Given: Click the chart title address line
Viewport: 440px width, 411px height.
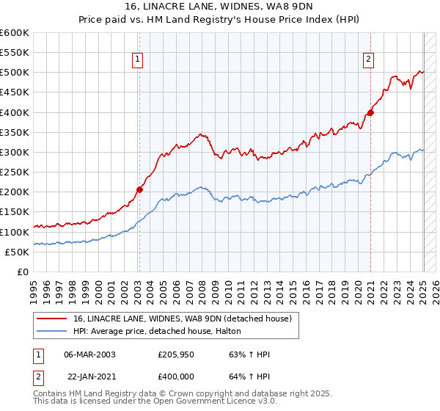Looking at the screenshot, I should tap(219, 8).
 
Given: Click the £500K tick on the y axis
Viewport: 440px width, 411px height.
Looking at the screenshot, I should tap(15, 73).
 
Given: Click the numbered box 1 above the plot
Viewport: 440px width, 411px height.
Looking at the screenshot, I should tap(139, 61).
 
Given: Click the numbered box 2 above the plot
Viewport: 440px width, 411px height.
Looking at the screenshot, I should tap(368, 61).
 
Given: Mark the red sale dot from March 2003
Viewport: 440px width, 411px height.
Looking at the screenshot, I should tap(139, 189).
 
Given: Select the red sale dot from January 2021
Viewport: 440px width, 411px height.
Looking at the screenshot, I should tap(371, 112).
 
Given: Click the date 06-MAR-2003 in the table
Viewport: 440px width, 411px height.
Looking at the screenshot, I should tap(89, 354).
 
